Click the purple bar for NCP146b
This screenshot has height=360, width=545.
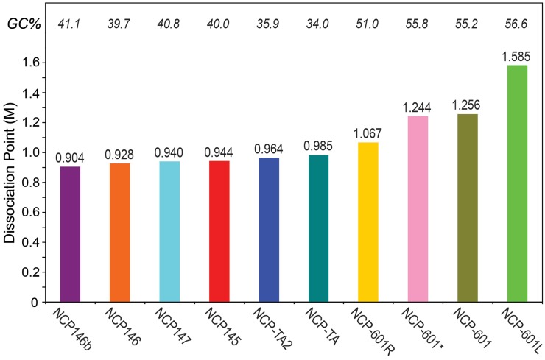pos(70,234)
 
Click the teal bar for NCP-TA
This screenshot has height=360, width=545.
pos(319,228)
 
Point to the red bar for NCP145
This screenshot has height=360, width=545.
pos(219,231)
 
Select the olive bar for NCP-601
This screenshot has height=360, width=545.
pos(468,208)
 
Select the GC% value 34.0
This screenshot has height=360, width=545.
pos(319,24)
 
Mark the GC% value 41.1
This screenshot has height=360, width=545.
pos(70,24)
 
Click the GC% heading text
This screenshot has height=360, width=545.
pos(22,24)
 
